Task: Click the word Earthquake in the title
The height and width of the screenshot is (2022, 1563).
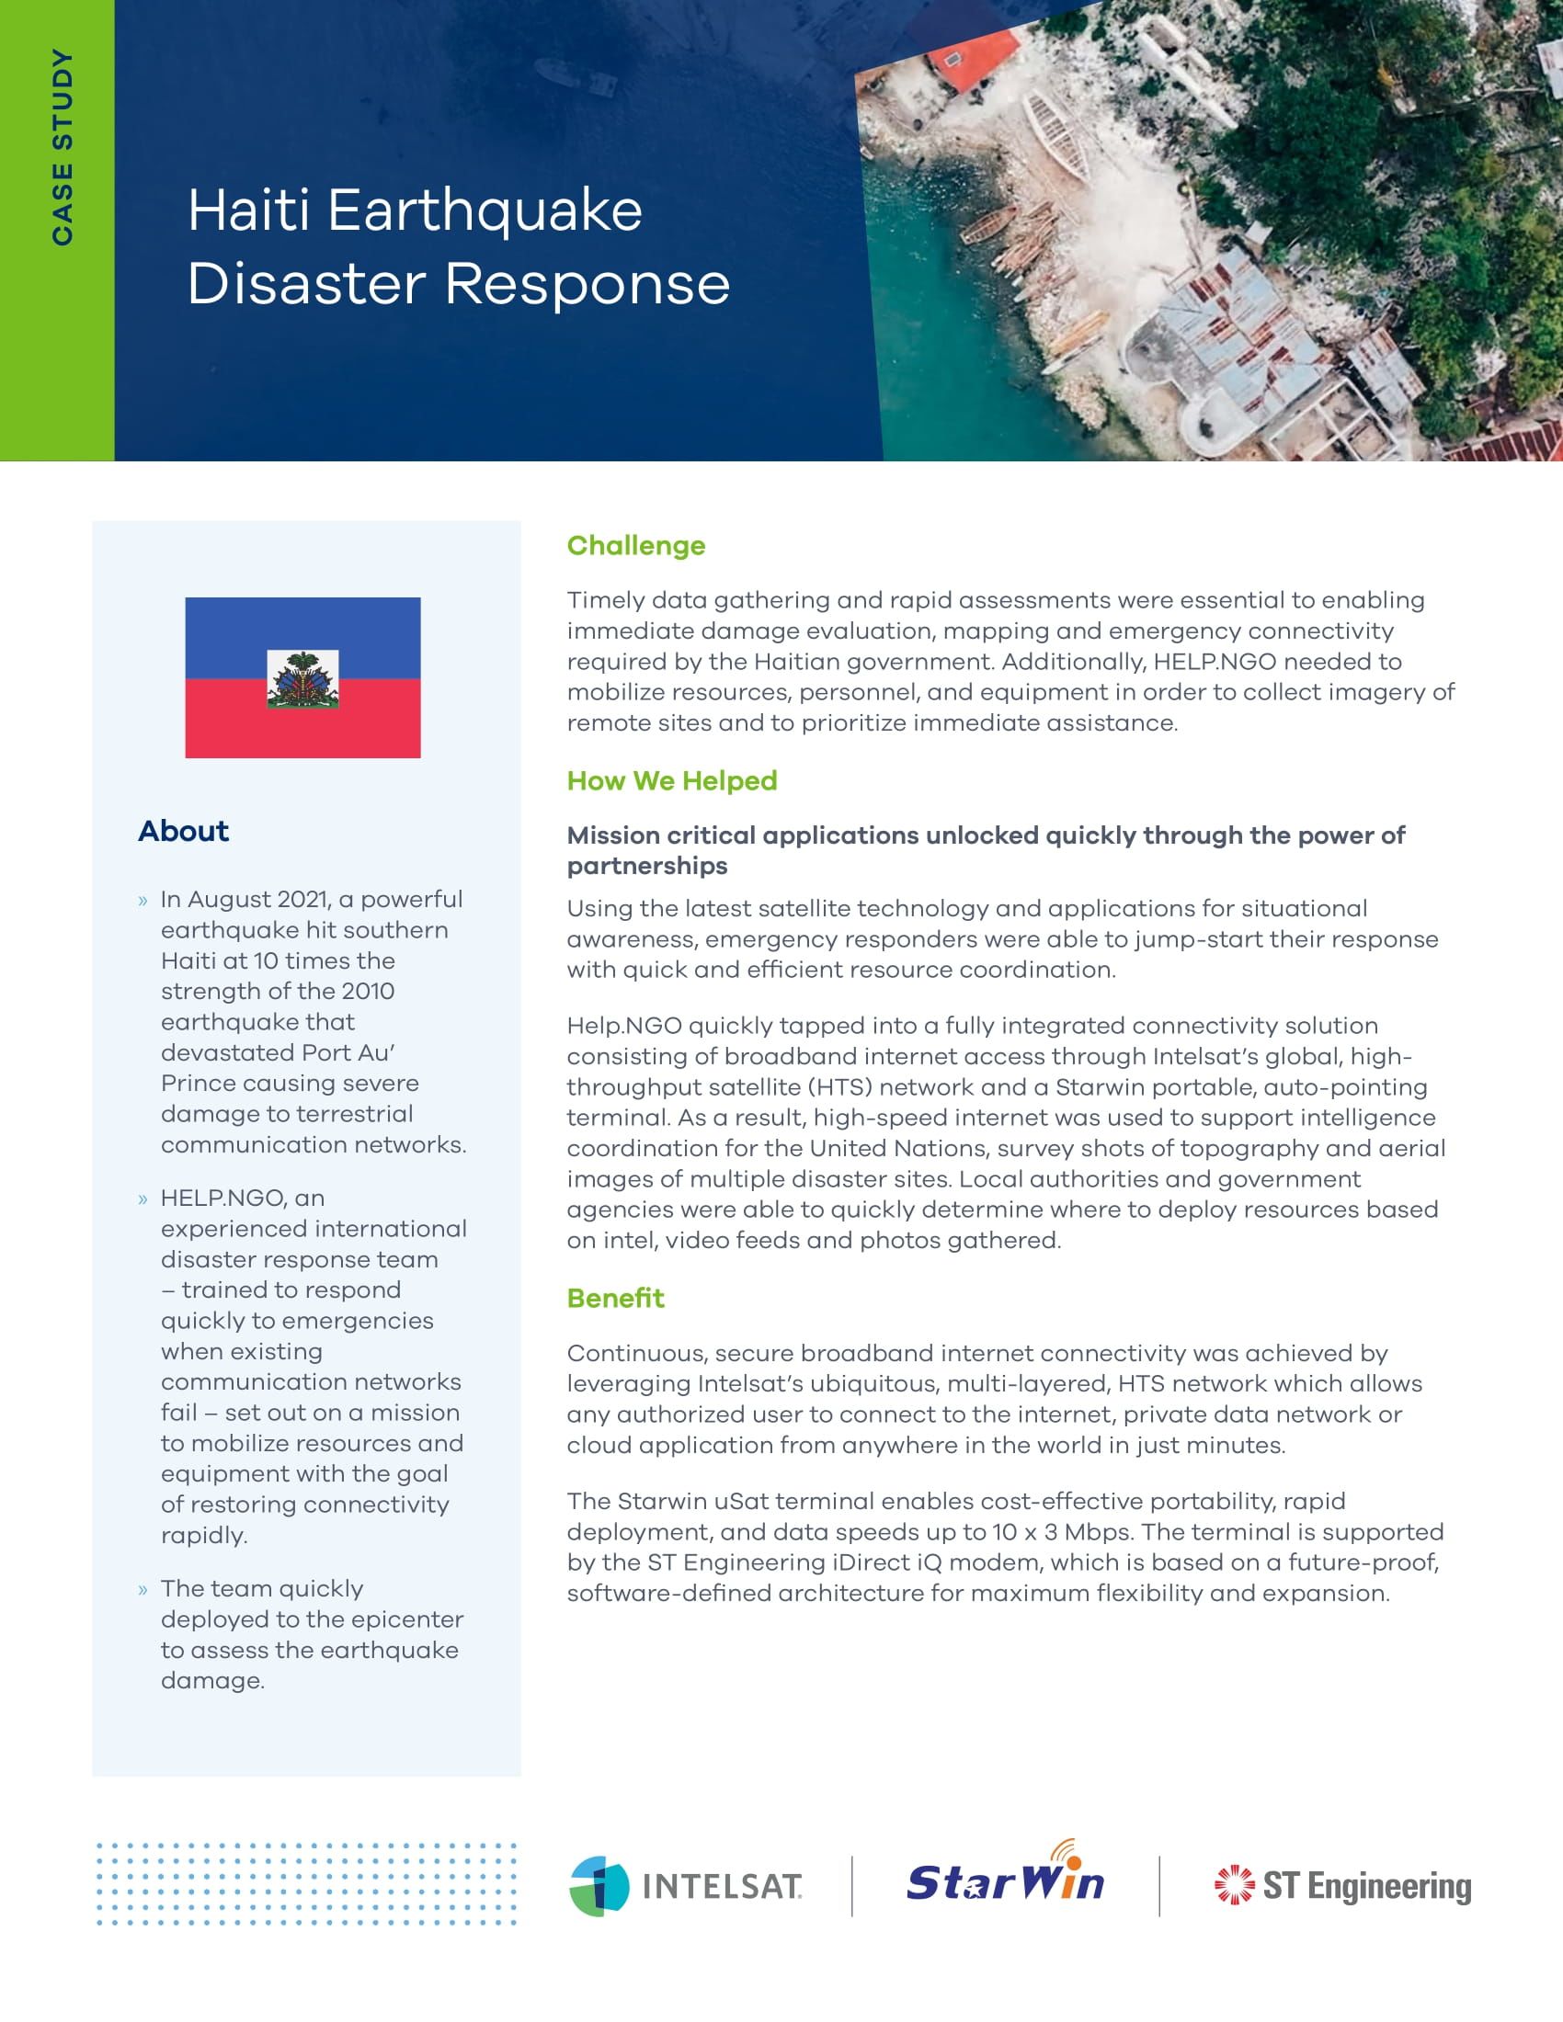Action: tap(485, 211)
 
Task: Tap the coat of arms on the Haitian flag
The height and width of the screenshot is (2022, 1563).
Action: tap(302, 679)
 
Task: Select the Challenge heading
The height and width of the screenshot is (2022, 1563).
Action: tap(635, 545)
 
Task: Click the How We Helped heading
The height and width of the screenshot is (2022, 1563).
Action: tap(671, 780)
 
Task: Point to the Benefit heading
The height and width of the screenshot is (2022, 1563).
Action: tap(615, 1298)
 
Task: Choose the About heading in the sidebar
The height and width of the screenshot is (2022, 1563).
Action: tap(183, 831)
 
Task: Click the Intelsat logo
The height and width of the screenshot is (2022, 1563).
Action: tap(686, 1886)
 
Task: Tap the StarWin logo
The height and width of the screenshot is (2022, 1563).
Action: tap(1006, 1880)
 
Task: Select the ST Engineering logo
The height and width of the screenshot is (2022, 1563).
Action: tap(1341, 1886)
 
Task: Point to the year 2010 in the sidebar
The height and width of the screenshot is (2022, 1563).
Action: tap(368, 991)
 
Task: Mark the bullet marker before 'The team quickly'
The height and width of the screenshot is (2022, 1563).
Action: tap(143, 1591)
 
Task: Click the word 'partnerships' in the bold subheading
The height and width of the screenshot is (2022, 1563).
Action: tap(647, 866)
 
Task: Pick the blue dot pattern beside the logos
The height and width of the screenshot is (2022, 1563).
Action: tap(306, 1884)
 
